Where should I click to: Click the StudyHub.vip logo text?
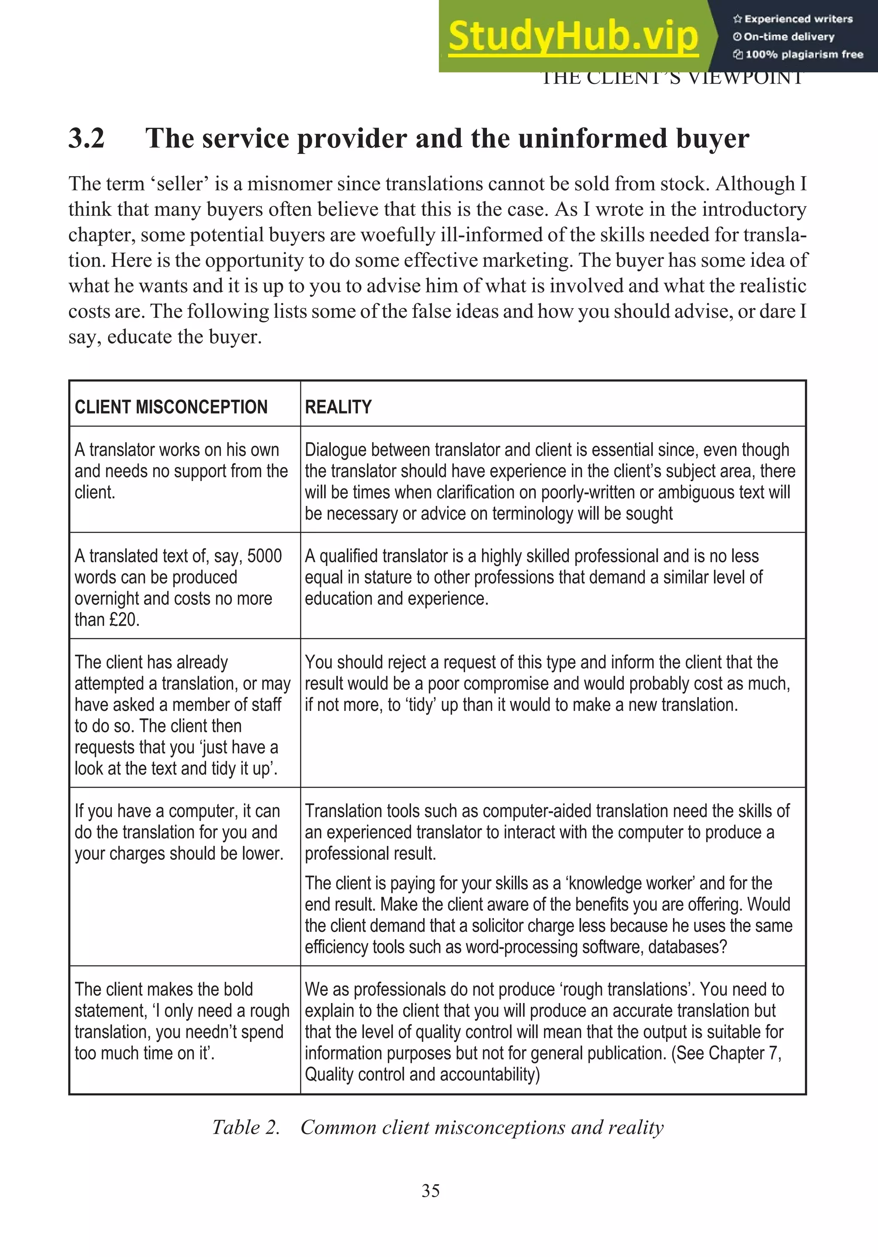(x=573, y=36)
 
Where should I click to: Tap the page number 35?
(x=430, y=1190)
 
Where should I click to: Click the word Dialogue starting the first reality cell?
(x=335, y=449)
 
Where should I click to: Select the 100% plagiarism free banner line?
(x=799, y=54)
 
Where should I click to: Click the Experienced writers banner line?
(x=794, y=19)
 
